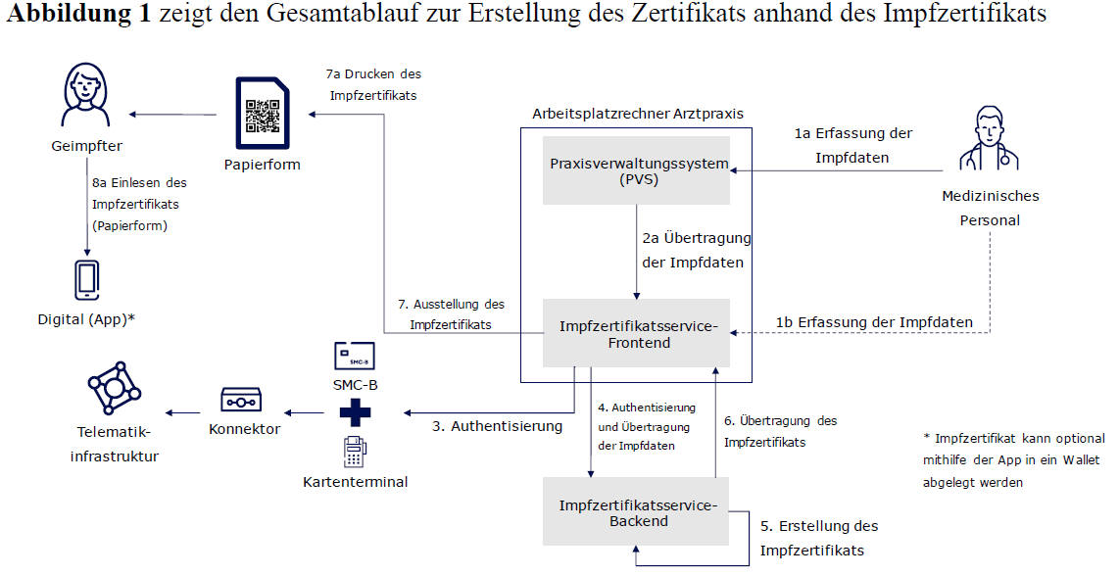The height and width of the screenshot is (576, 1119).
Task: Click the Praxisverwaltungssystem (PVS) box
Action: pyautogui.click(x=636, y=170)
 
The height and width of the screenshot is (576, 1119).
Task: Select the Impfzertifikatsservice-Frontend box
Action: pyautogui.click(x=637, y=333)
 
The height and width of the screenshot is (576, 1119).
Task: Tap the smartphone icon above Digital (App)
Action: pyautogui.click(x=85, y=281)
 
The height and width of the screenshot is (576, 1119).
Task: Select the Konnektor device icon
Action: pyautogui.click(x=243, y=400)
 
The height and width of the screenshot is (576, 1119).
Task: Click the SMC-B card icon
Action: pyautogui.click(x=355, y=355)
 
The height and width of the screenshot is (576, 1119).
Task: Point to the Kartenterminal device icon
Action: pyautogui.click(x=355, y=453)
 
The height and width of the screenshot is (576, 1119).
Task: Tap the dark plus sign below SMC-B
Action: pyautogui.click(x=355, y=412)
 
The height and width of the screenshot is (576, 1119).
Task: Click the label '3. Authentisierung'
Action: pyautogui.click(x=498, y=426)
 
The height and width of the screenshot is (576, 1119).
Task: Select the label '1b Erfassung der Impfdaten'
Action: pyautogui.click(x=874, y=322)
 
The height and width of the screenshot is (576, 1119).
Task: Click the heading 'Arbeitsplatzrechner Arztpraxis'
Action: pyautogui.click(x=637, y=114)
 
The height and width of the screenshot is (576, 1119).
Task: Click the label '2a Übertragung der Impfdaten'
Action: pyautogui.click(x=697, y=250)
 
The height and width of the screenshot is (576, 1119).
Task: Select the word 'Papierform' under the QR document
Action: pyautogui.click(x=261, y=164)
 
